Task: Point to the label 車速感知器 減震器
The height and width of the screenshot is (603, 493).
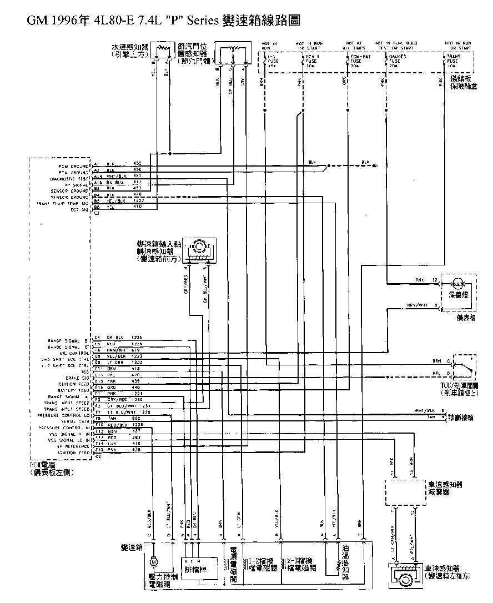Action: [445, 488]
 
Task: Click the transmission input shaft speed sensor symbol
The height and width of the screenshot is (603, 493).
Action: [199, 248]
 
